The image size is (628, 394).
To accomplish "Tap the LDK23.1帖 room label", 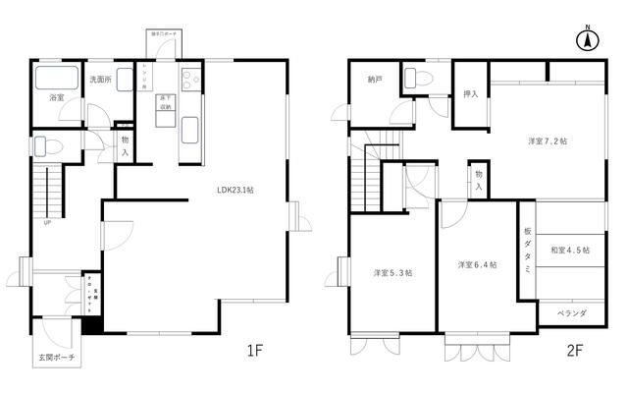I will [x=236, y=191].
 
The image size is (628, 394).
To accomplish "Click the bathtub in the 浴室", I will [x=60, y=79].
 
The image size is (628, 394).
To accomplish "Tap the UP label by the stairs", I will [x=46, y=223].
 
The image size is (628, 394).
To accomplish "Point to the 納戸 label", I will [x=375, y=80].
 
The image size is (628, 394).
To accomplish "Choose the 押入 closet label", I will [x=470, y=95].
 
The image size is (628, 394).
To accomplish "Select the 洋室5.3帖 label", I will [x=392, y=272].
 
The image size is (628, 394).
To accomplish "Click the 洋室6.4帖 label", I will [x=476, y=265].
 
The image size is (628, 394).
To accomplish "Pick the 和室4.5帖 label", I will [x=569, y=251].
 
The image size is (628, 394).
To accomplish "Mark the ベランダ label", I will [x=571, y=313].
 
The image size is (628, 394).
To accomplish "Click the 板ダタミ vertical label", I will [x=527, y=251].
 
